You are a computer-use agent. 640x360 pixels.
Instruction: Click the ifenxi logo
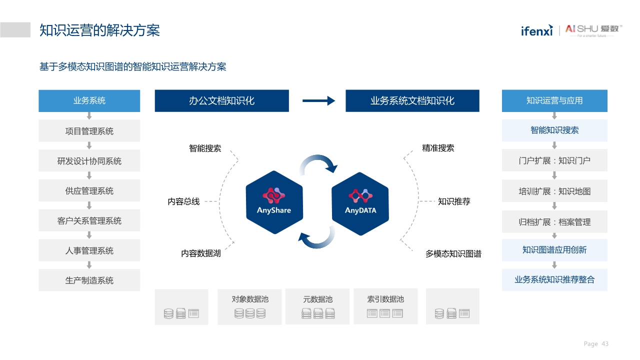(x=536, y=30)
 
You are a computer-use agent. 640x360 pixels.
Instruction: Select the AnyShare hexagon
(x=274, y=202)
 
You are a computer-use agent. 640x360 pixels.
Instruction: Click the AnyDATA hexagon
(x=360, y=203)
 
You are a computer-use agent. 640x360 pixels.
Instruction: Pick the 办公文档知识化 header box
(x=221, y=100)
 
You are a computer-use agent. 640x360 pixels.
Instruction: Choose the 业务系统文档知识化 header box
(x=412, y=100)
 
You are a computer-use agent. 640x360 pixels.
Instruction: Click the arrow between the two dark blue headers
(x=318, y=100)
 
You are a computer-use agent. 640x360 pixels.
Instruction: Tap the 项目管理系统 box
(x=89, y=131)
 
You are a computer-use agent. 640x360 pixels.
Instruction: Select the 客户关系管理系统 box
(x=89, y=220)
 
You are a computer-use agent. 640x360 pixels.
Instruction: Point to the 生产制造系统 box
(x=89, y=280)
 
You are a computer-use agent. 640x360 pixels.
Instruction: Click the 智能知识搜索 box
(x=554, y=130)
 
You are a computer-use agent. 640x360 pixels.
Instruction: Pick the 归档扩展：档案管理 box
(x=554, y=221)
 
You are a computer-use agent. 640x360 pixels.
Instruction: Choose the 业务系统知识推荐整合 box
(x=554, y=280)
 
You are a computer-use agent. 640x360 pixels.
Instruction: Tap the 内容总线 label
(x=183, y=201)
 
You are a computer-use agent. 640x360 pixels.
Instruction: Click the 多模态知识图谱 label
(x=453, y=254)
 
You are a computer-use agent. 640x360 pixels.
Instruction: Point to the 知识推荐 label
(x=454, y=201)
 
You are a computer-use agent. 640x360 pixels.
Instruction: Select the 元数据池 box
(x=317, y=306)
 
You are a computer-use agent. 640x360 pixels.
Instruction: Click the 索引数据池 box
(x=385, y=306)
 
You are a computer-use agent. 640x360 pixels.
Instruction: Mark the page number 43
(x=605, y=344)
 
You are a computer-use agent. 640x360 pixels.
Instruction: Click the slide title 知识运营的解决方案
(x=99, y=30)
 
